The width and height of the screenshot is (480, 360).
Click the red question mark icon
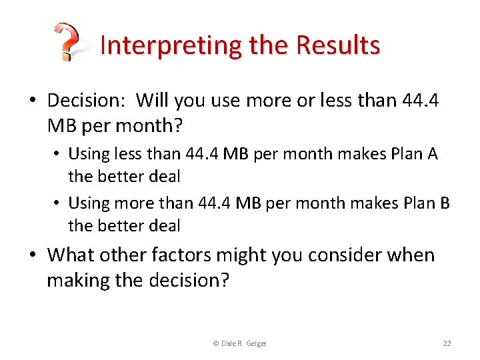click(67, 42)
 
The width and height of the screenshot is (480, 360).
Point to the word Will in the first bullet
click(153, 100)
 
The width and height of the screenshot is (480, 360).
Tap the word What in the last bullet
click(73, 255)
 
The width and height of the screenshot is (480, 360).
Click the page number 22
click(447, 343)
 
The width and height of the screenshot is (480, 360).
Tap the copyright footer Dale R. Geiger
click(239, 343)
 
